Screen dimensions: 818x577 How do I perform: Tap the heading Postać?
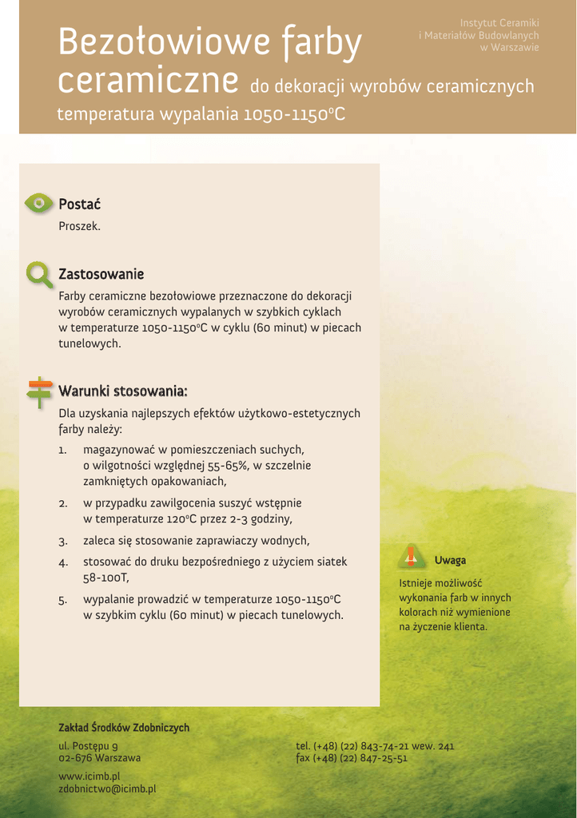coord(79,204)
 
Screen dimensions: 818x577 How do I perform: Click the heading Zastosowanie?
coord(101,275)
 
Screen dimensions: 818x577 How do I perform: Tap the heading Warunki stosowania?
coord(123,391)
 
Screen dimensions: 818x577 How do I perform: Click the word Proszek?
coord(79,226)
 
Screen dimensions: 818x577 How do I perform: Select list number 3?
coord(62,542)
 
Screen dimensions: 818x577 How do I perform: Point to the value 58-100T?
coord(106,578)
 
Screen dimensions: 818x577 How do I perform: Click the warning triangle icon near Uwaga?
coord(411,557)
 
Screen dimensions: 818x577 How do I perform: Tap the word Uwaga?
coord(450,560)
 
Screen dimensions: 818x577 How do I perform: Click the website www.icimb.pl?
coord(90,776)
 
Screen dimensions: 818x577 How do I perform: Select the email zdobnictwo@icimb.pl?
coord(107,788)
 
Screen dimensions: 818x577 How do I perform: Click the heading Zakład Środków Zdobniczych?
coord(124,728)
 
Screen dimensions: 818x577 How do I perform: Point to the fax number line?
coord(352,758)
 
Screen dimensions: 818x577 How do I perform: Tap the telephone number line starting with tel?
coord(375,746)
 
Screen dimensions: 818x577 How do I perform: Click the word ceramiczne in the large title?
coord(149,81)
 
